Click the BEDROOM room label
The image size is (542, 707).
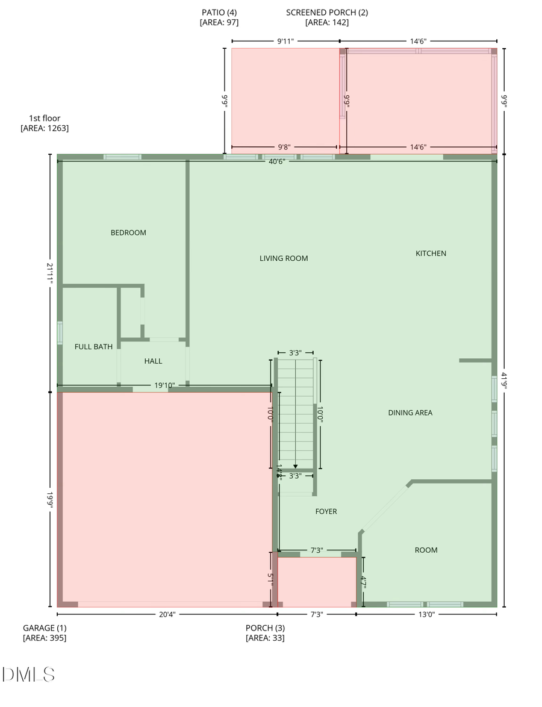click(x=128, y=232)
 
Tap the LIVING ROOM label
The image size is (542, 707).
click(x=284, y=258)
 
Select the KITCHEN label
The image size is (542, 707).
click(x=431, y=254)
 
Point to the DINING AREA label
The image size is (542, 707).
click(x=410, y=413)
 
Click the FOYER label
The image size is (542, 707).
click(x=326, y=511)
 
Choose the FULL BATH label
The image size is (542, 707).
click(x=93, y=346)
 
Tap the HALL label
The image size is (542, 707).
click(x=153, y=361)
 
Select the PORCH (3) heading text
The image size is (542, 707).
click(x=265, y=628)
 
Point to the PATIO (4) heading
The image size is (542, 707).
click(x=219, y=12)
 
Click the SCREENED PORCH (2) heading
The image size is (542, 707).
click(x=327, y=12)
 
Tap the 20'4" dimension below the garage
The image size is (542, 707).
click(x=167, y=614)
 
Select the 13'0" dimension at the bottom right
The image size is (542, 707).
click(x=426, y=614)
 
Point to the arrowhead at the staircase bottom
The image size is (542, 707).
click(x=295, y=466)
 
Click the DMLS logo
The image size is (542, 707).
click(x=28, y=674)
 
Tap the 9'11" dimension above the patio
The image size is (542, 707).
click(x=285, y=42)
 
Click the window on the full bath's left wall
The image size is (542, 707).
click(x=60, y=332)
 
